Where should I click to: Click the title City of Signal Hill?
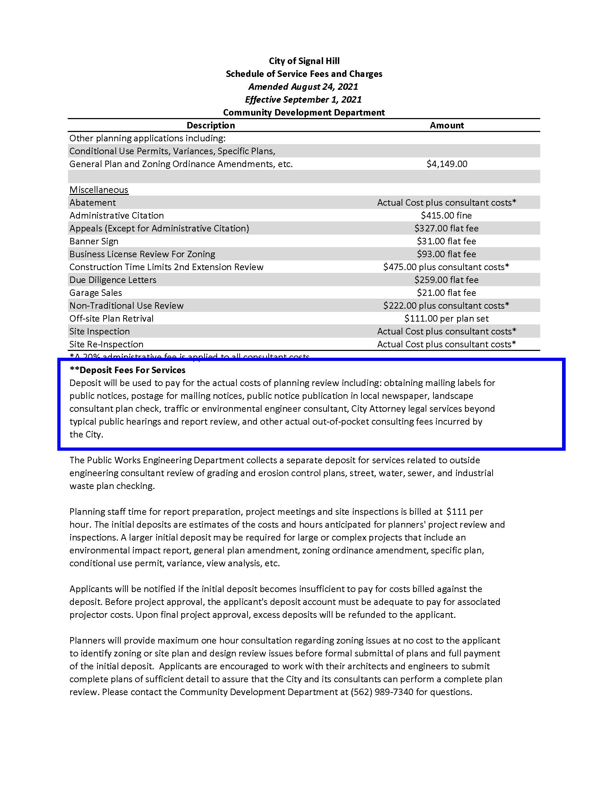[x=304, y=61]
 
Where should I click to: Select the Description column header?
[x=211, y=126]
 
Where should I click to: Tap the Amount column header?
[x=447, y=126]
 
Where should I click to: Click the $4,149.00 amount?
[x=447, y=164]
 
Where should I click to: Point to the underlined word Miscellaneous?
[x=99, y=190]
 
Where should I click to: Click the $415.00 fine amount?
[x=446, y=215]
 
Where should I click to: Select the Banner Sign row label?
[x=94, y=241]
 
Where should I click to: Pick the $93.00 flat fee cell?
[x=446, y=254]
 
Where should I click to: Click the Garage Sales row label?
[x=96, y=293]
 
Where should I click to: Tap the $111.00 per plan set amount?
[x=446, y=318]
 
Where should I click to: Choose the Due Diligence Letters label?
[x=113, y=280]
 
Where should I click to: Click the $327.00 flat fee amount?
[x=446, y=229]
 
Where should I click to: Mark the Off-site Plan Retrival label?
[x=111, y=318]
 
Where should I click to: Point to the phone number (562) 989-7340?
[x=382, y=692]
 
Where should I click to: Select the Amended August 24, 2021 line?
[x=303, y=87]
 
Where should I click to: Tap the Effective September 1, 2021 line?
[x=303, y=99]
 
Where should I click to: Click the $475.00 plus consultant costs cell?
[x=446, y=267]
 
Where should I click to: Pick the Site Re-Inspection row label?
[x=106, y=344]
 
